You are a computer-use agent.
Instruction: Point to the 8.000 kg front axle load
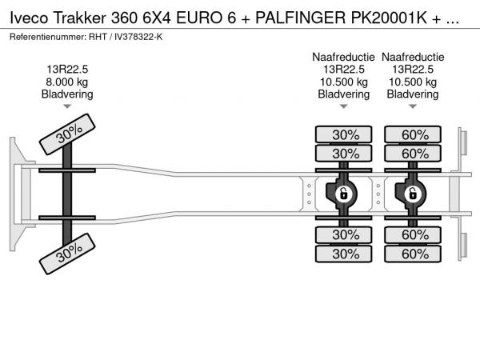tap(67, 82)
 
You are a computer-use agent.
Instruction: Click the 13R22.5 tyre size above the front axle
tap(67, 69)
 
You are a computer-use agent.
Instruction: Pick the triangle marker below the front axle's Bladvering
tap(67, 106)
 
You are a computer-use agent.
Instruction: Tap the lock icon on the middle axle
tap(343, 194)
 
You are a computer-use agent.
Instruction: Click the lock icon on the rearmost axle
tap(414, 194)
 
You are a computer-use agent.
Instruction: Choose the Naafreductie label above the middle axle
tap(343, 57)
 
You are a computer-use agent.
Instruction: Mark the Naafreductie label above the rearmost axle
tap(414, 57)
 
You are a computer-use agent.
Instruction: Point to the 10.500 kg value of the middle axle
tap(343, 82)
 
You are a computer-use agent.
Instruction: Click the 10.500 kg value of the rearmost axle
tap(414, 82)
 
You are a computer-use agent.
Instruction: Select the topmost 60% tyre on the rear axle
tap(414, 134)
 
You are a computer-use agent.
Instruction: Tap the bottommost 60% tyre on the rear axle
tap(414, 254)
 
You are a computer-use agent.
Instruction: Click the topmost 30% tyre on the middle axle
tap(344, 134)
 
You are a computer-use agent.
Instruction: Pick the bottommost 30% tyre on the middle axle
tap(344, 254)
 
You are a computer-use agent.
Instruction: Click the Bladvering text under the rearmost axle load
tap(414, 94)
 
